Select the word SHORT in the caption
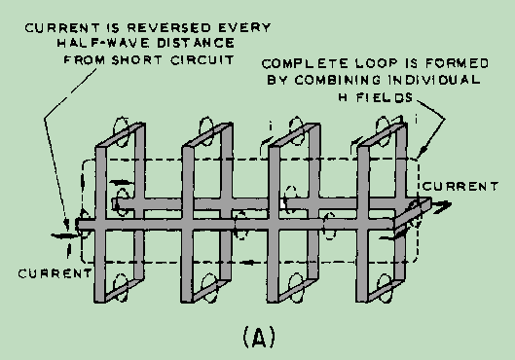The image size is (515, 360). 137,60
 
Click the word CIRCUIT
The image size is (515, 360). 202,60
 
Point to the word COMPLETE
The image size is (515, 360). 305,63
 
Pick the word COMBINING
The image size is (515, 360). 337,80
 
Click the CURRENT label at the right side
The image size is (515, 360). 460,187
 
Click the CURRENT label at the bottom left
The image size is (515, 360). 55,273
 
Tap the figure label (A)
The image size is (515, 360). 259,338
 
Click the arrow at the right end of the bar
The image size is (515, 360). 440,206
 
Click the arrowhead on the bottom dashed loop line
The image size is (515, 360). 249,262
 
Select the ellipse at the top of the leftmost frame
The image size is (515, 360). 121,131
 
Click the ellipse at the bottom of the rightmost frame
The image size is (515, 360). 385,288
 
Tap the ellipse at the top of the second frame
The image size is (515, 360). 206,130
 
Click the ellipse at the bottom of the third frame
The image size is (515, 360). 296,288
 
